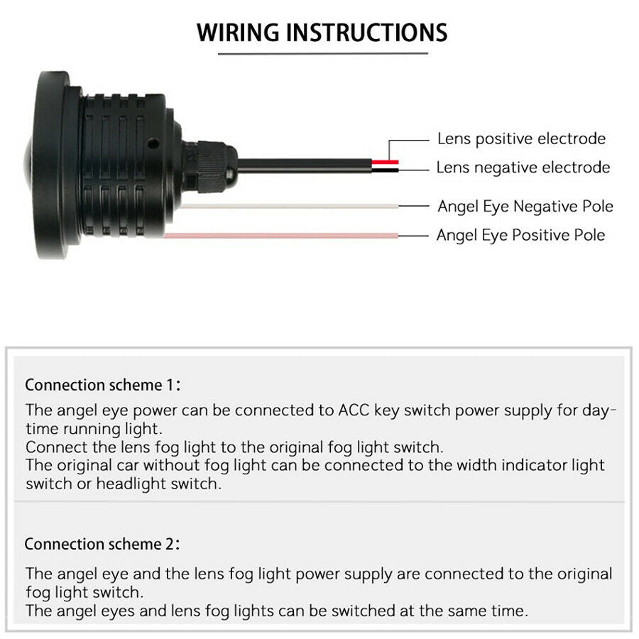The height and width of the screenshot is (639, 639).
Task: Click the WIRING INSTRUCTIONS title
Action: (322, 33)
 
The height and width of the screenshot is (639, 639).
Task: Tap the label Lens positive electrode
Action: (521, 139)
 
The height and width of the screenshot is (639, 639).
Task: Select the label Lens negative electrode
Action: (523, 167)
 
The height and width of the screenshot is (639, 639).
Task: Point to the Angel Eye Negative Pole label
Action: (525, 206)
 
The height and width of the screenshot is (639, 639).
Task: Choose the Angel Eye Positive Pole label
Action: (520, 235)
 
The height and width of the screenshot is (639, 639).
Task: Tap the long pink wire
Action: (281, 236)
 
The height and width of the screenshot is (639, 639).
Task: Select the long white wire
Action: (290, 206)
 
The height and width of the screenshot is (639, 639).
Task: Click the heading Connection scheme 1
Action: (102, 385)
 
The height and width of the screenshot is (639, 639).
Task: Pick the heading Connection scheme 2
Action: (102, 544)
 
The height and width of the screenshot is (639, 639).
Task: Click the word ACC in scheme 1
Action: (354, 410)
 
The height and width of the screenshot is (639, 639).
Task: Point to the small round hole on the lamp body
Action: (153, 143)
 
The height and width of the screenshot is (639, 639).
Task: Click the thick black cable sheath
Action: (305, 166)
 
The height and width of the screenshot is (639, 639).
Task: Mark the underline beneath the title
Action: (323, 53)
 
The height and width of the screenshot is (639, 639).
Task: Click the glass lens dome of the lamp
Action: (28, 163)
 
